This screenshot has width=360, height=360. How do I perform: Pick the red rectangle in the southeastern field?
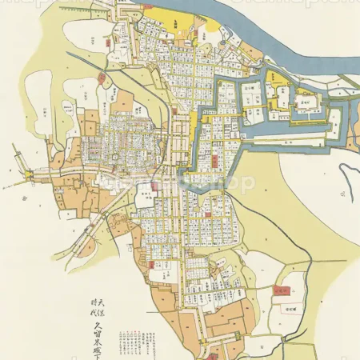281,290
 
